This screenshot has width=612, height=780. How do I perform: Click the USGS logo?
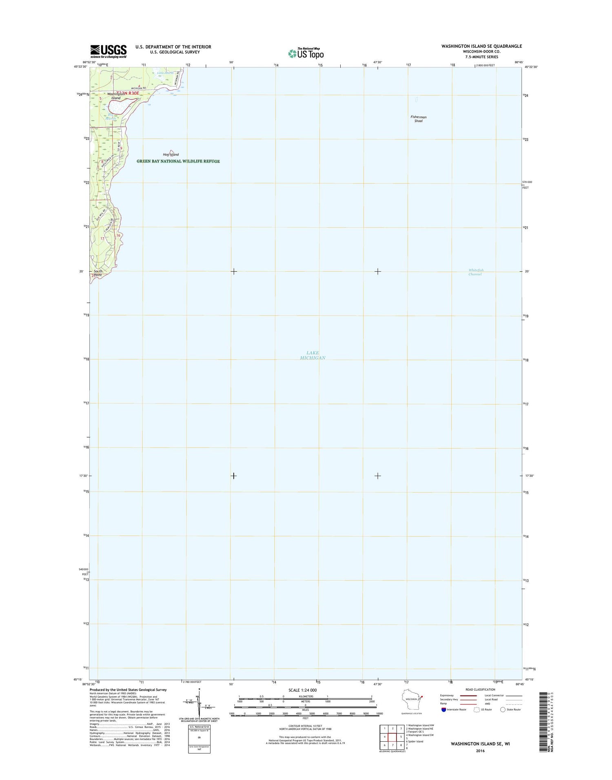tap(108, 51)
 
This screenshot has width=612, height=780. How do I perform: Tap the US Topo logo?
tap(306, 53)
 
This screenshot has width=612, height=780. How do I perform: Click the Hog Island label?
tap(171, 155)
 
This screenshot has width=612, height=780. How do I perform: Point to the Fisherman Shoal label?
tap(418, 119)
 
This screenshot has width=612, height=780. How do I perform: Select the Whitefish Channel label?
tap(476, 272)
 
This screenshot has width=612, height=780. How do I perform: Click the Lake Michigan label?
tap(313, 355)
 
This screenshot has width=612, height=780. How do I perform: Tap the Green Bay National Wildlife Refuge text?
tap(178, 161)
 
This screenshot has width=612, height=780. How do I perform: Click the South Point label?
tap(98, 273)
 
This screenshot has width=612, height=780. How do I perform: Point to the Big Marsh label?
tap(110, 117)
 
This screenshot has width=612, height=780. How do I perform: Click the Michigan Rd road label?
tap(139, 88)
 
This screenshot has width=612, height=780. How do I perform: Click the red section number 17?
tap(102, 238)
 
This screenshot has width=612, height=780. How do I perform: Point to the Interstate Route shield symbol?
tap(443, 709)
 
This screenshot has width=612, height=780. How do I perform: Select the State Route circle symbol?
tap(503, 709)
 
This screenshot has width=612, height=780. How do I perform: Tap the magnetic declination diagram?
tap(199, 702)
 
